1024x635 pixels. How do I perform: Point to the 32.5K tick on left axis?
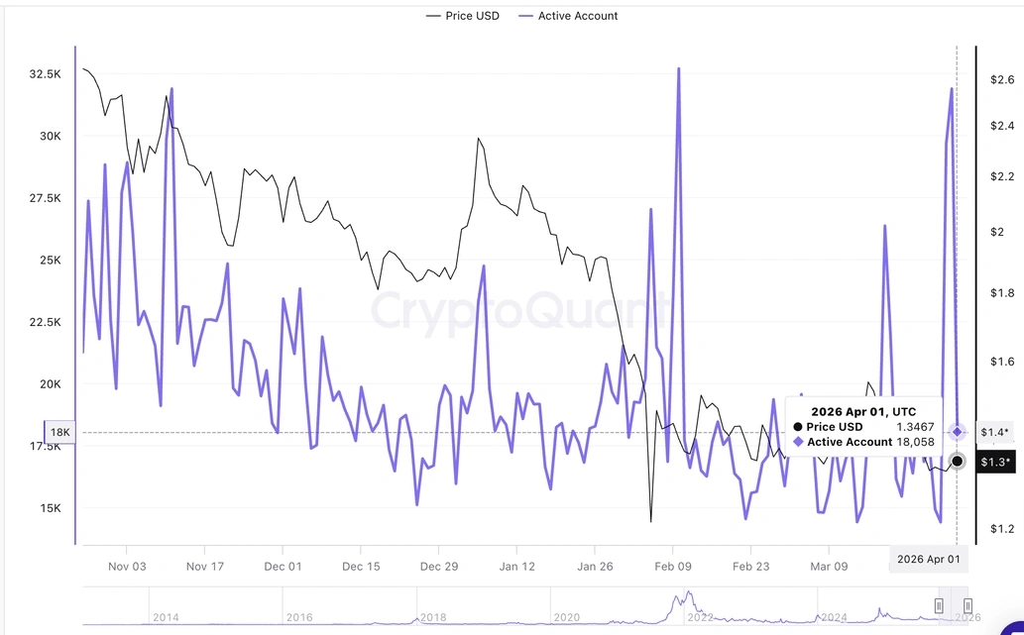pyautogui.click(x=47, y=74)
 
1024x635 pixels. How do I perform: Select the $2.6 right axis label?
pyautogui.click(x=1002, y=79)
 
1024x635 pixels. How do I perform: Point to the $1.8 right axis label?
pyautogui.click(x=1002, y=293)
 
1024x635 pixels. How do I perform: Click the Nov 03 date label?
pyautogui.click(x=127, y=567)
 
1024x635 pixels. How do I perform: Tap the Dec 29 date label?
pyautogui.click(x=438, y=567)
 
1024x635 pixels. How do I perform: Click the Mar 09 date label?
pyautogui.click(x=830, y=567)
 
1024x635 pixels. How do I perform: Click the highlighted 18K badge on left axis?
pyautogui.click(x=59, y=432)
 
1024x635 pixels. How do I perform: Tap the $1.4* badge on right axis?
pyautogui.click(x=994, y=432)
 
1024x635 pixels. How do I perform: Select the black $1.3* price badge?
pyautogui.click(x=994, y=462)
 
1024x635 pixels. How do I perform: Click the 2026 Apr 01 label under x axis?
pyautogui.click(x=928, y=559)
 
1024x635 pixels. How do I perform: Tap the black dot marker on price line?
pyautogui.click(x=957, y=461)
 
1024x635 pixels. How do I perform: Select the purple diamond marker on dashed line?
pyautogui.click(x=957, y=432)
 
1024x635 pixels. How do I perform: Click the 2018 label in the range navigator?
pyautogui.click(x=433, y=617)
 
